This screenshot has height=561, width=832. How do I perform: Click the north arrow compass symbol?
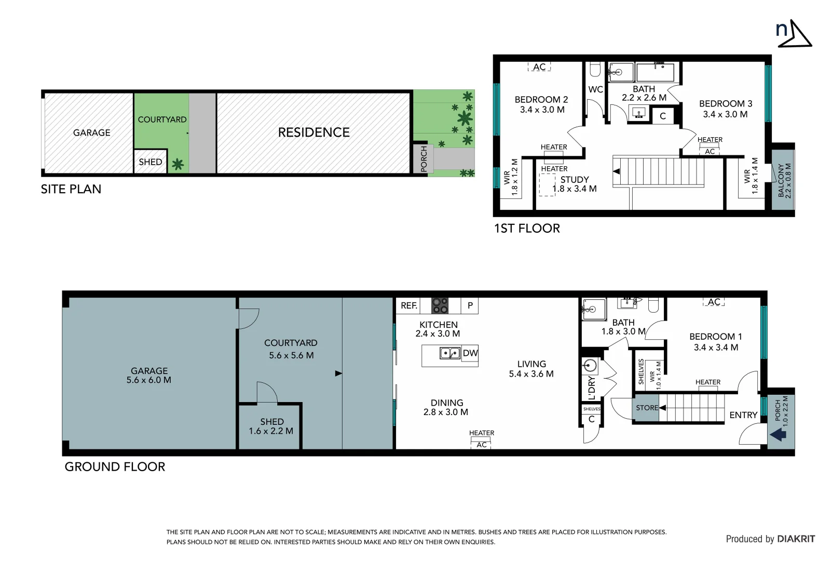pos(794,33)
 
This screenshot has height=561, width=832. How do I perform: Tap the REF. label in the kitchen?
pos(409,305)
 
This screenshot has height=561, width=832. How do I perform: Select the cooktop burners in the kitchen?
pos(440,305)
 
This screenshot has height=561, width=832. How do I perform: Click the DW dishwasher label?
pos(470,353)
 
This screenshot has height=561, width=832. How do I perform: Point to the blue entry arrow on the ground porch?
pos(778,435)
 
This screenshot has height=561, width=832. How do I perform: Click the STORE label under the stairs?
pos(647,408)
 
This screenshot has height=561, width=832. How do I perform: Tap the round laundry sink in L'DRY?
pos(590,366)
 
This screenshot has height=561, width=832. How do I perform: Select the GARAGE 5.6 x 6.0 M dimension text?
pos(149,380)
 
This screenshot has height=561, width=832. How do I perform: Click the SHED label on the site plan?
pos(151,162)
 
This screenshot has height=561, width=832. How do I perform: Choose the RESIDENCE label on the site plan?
pos(313,132)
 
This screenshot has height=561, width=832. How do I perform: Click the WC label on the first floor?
pos(595,89)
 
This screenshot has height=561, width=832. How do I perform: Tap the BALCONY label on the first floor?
pos(784,181)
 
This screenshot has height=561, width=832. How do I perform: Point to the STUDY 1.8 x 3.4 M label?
pos(575,184)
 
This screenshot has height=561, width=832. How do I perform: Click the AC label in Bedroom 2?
pos(539,67)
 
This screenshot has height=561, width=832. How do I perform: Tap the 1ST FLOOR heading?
pos(527,229)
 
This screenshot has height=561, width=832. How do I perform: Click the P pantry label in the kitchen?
pos(470,305)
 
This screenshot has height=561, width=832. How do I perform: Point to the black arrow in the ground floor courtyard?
pos(338,373)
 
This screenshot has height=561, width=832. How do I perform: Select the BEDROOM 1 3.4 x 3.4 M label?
pos(716,342)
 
